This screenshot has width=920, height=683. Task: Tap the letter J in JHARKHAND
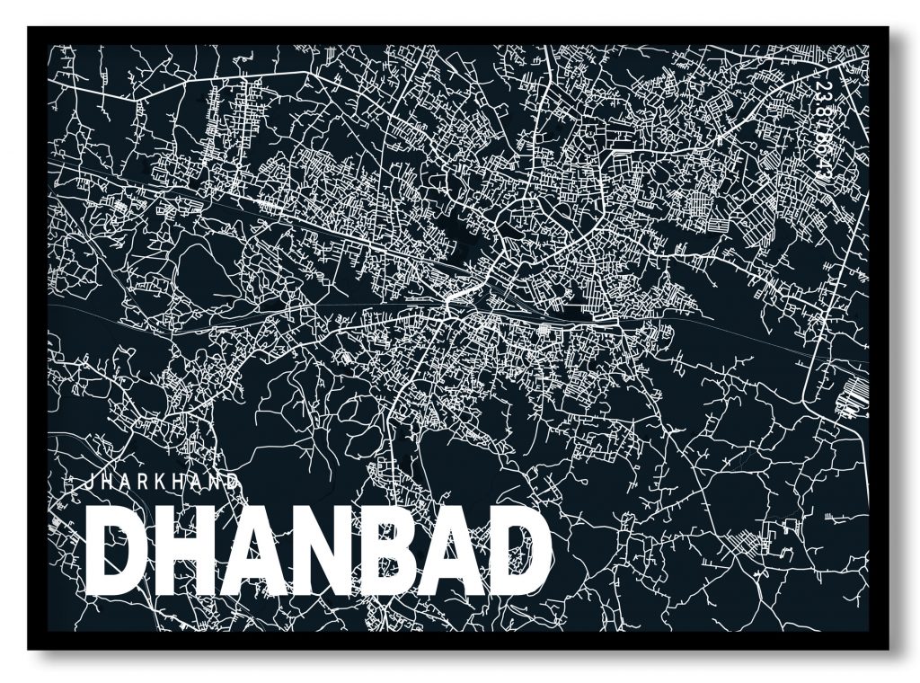[87, 481]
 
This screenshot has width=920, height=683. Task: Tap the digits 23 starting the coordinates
[825, 90]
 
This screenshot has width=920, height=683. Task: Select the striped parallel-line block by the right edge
[848, 395]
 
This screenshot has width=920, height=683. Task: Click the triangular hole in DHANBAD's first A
[254, 557]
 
